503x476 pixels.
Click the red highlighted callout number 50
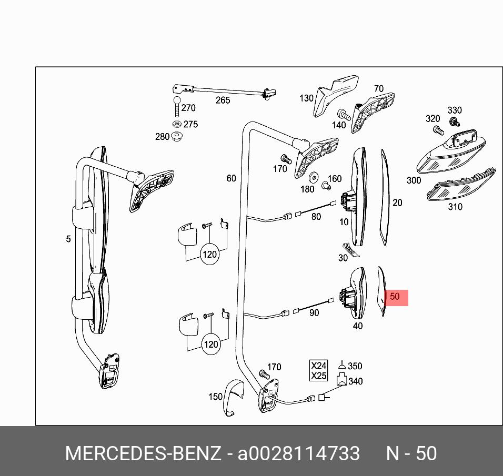pos(395,297)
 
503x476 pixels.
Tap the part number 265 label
pos(223,100)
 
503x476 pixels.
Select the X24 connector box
pos(319,366)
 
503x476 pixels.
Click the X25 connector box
pos(319,376)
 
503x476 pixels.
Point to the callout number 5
pos(68,239)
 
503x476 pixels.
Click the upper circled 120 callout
pos(209,255)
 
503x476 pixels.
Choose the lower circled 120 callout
pos(210,345)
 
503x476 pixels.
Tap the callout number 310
pos(455,207)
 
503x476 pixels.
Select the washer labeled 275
pos(176,124)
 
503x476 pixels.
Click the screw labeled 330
pos(452,122)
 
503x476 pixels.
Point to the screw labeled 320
pos(436,129)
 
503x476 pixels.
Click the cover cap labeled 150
pos(232,397)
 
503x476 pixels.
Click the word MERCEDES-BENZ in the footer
pos(143,454)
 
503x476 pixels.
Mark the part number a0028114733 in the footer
pos(299,454)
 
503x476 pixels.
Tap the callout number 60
pos(231,179)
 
